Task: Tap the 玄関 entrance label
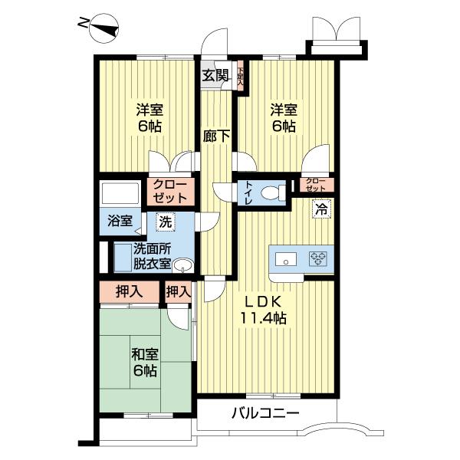pos(215,75)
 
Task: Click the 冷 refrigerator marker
pos(322,208)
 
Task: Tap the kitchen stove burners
pos(318,258)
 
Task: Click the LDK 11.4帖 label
pos(264,308)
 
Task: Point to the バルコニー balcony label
pos(265,415)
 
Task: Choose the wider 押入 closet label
pos(128,292)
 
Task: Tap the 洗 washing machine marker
pos(166,222)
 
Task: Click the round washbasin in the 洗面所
pos(182,265)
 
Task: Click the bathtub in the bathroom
pos(120,192)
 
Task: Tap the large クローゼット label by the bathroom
pos(169,191)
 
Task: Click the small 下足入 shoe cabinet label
pos(240,76)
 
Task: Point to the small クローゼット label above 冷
pos(315,184)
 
